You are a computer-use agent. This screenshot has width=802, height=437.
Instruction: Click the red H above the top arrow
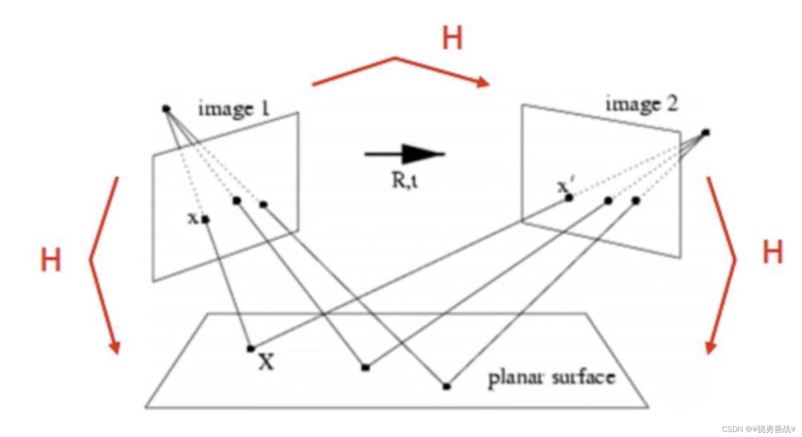[x=452, y=38]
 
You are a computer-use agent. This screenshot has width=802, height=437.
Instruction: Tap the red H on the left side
[x=51, y=260]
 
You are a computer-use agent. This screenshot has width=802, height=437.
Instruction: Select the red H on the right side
[x=772, y=252]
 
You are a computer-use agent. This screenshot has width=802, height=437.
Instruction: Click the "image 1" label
[x=234, y=108]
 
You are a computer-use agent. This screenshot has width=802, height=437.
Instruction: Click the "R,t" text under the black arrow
[x=404, y=180]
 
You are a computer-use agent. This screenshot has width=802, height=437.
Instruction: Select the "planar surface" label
[x=551, y=378]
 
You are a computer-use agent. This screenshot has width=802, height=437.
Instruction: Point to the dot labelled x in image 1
[x=206, y=219]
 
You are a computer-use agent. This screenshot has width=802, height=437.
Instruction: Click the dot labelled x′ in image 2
[x=569, y=198]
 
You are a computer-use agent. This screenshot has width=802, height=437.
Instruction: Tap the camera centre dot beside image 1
[x=166, y=109]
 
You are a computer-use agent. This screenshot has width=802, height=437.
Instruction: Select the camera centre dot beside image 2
[x=706, y=133]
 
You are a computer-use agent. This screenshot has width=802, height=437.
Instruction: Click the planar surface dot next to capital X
[x=251, y=348]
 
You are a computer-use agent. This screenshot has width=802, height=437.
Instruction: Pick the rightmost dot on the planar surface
[x=447, y=386]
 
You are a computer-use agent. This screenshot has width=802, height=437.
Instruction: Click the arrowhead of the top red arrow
[x=483, y=82]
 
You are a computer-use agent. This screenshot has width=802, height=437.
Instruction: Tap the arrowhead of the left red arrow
[x=115, y=347]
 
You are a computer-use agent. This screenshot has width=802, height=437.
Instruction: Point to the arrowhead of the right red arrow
[x=711, y=347]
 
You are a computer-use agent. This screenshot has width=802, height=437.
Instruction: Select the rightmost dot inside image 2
[x=636, y=201]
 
